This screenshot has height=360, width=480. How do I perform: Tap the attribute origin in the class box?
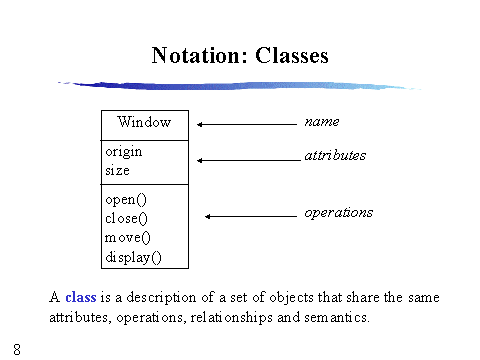pyautogui.click(x=124, y=152)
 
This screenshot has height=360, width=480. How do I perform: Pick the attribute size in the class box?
pyautogui.click(x=117, y=170)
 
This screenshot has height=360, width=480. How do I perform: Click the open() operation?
pyautogui.click(x=126, y=200)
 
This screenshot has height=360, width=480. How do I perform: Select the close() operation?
pyautogui.click(x=127, y=219)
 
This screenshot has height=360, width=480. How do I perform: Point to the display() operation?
pyautogui.click(x=133, y=257)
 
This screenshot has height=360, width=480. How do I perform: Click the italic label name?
pyautogui.click(x=321, y=121)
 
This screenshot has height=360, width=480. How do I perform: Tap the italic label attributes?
pyautogui.click(x=334, y=156)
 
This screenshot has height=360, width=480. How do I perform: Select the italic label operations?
pyautogui.click(x=338, y=212)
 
